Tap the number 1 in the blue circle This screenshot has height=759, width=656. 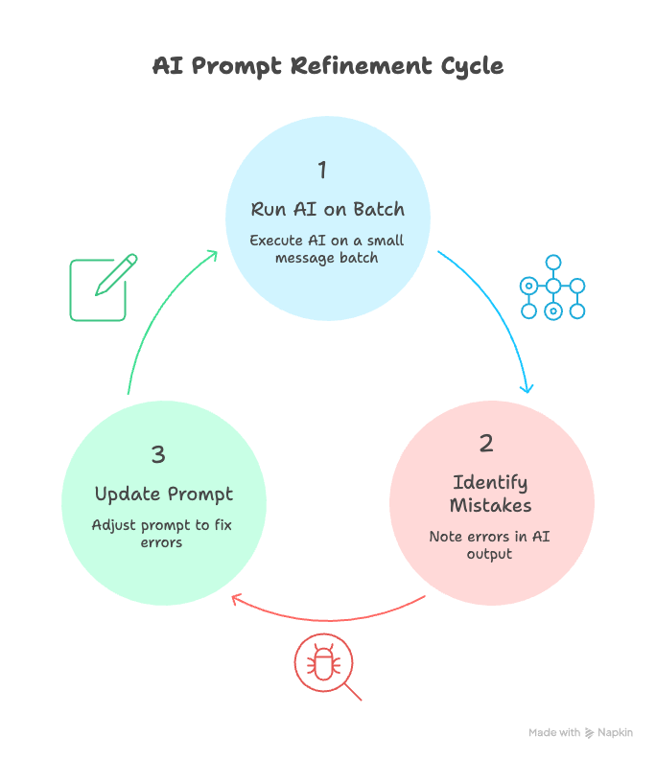(x=322, y=170)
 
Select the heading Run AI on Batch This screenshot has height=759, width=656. (x=327, y=209)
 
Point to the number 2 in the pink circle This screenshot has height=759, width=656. (x=486, y=443)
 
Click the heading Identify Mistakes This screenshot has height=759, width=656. (x=491, y=493)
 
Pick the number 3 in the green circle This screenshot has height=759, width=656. (x=159, y=454)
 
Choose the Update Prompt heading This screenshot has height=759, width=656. (x=164, y=494)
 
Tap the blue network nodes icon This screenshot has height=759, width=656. (x=552, y=287)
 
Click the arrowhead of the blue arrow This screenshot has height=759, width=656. (x=527, y=387)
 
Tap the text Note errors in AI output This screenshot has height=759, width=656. (x=490, y=544)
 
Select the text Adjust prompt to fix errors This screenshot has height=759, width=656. (x=162, y=533)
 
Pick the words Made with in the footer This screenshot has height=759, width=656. (x=554, y=732)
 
